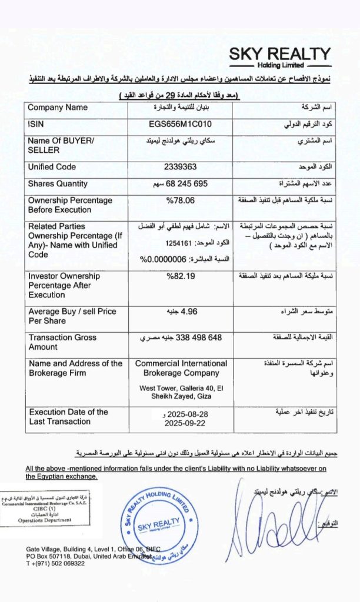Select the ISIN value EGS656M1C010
180,125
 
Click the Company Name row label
58,108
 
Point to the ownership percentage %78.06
179,200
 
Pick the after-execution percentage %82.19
179,276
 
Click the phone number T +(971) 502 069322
56,563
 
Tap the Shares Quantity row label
58,184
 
